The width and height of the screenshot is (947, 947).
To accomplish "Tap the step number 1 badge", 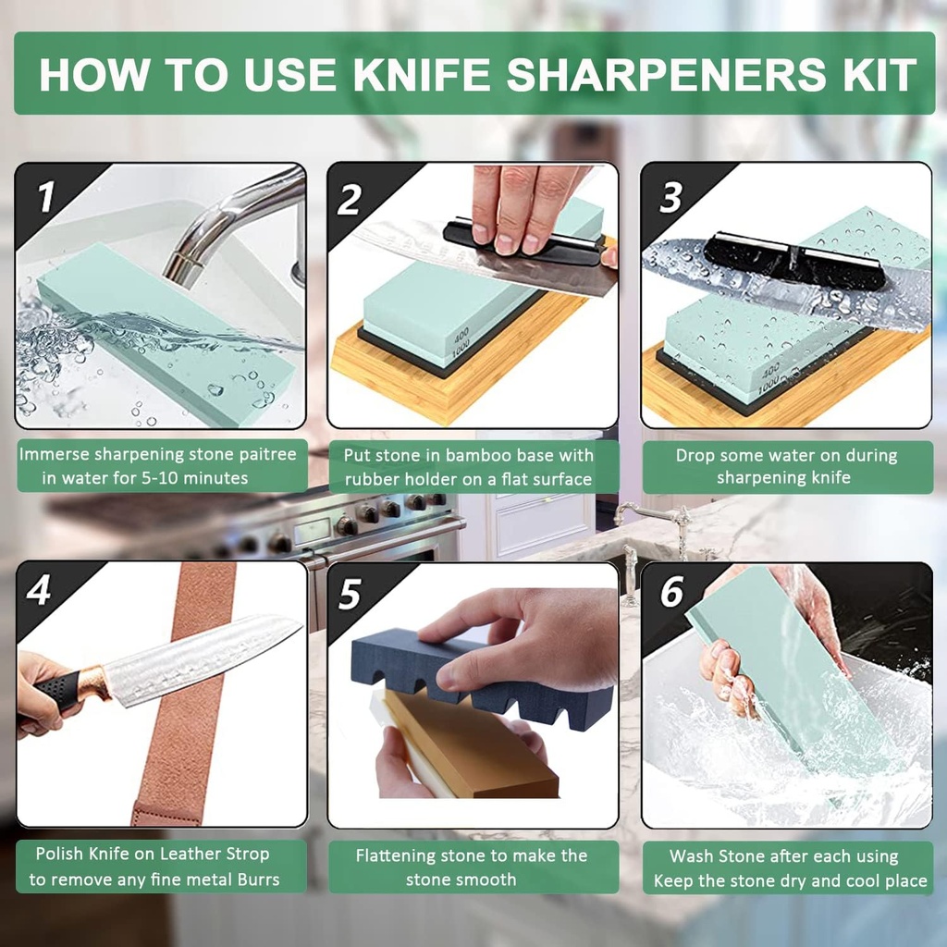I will (43, 196).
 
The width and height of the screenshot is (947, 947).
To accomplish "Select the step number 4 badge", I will (39, 590).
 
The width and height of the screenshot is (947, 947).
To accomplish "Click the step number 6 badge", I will (671, 593).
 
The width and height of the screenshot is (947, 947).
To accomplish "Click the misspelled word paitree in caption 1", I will (264, 455).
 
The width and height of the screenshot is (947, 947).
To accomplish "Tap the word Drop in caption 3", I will (695, 455).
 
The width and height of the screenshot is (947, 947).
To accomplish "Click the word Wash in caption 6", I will (691, 856).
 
